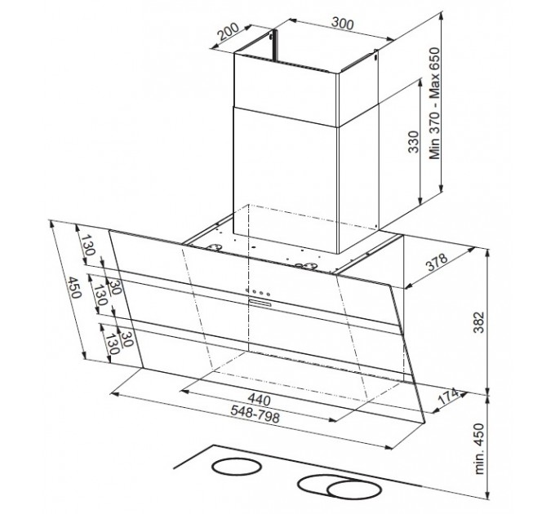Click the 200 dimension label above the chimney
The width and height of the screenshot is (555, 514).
pyautogui.click(x=228, y=32)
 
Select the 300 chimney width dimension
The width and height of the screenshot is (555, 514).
pyautogui.click(x=342, y=24)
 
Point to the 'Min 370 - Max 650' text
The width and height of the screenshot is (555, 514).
pyautogui.click(x=434, y=104)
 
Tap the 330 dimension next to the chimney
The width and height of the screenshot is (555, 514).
pyautogui.click(x=414, y=142)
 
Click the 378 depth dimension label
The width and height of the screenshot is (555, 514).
pyautogui.click(x=437, y=262)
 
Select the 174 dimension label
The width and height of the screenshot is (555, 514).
pyautogui.click(x=447, y=397)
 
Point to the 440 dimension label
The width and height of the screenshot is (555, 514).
pyautogui.click(x=259, y=400)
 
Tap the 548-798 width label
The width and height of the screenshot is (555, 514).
pyautogui.click(x=255, y=414)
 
